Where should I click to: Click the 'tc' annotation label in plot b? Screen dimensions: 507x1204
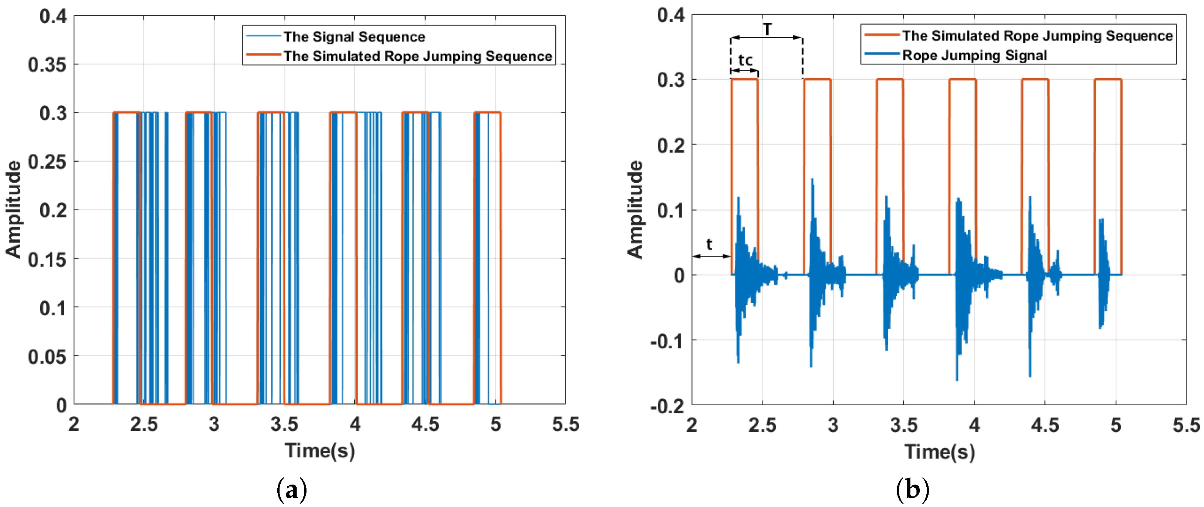click(x=745, y=60)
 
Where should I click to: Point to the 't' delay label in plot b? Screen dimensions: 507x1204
click(x=709, y=244)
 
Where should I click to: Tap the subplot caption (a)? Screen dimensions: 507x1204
click(x=292, y=489)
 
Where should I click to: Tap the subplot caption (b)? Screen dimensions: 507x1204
click(x=912, y=489)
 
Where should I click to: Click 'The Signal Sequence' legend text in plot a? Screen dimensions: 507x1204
click(x=354, y=36)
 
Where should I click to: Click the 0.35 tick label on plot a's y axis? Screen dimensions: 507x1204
click(x=47, y=65)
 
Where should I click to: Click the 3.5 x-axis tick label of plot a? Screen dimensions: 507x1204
click(x=284, y=424)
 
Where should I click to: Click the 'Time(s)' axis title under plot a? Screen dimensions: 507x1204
click(x=320, y=451)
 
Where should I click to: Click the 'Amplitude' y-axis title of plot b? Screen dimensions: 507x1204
click(x=635, y=209)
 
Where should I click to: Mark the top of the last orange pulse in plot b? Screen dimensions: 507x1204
click(x=1108, y=80)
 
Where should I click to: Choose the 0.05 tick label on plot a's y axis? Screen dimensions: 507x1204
click(x=47, y=356)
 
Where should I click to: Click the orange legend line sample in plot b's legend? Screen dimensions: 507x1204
click(x=882, y=35)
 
